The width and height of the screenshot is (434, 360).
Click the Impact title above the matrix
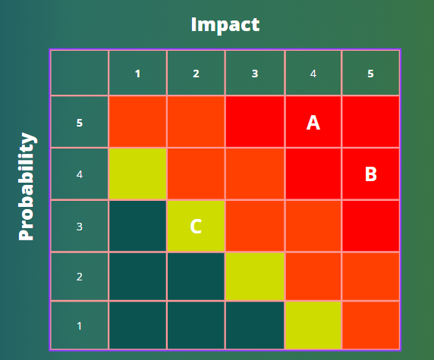click(x=225, y=25)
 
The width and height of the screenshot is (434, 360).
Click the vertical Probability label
click(x=27, y=186)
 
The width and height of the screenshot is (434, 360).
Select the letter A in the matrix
click(x=313, y=123)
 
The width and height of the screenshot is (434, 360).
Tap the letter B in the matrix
click(x=371, y=174)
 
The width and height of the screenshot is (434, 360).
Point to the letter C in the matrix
click(x=196, y=227)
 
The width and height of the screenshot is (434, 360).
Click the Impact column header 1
click(x=137, y=74)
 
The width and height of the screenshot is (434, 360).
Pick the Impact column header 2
click(x=196, y=74)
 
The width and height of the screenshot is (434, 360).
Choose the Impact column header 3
click(x=255, y=74)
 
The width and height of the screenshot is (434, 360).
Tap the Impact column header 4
click(x=313, y=74)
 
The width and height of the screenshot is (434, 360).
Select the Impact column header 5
click(x=370, y=74)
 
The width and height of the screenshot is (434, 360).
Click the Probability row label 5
click(x=80, y=123)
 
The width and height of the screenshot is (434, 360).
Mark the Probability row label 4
click(x=80, y=174)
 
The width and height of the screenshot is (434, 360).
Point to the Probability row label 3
click(x=80, y=227)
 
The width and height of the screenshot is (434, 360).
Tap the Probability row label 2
click(x=80, y=277)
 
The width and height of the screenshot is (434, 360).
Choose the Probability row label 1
click(x=80, y=326)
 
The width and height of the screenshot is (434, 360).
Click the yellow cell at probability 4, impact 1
click(x=138, y=174)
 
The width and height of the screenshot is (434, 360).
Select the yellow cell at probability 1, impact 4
click(x=313, y=325)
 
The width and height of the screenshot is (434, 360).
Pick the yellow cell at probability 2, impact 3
click(x=255, y=276)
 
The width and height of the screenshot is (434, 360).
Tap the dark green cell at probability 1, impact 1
click(x=138, y=325)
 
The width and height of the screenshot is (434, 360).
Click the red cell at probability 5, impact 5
click(x=370, y=121)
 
